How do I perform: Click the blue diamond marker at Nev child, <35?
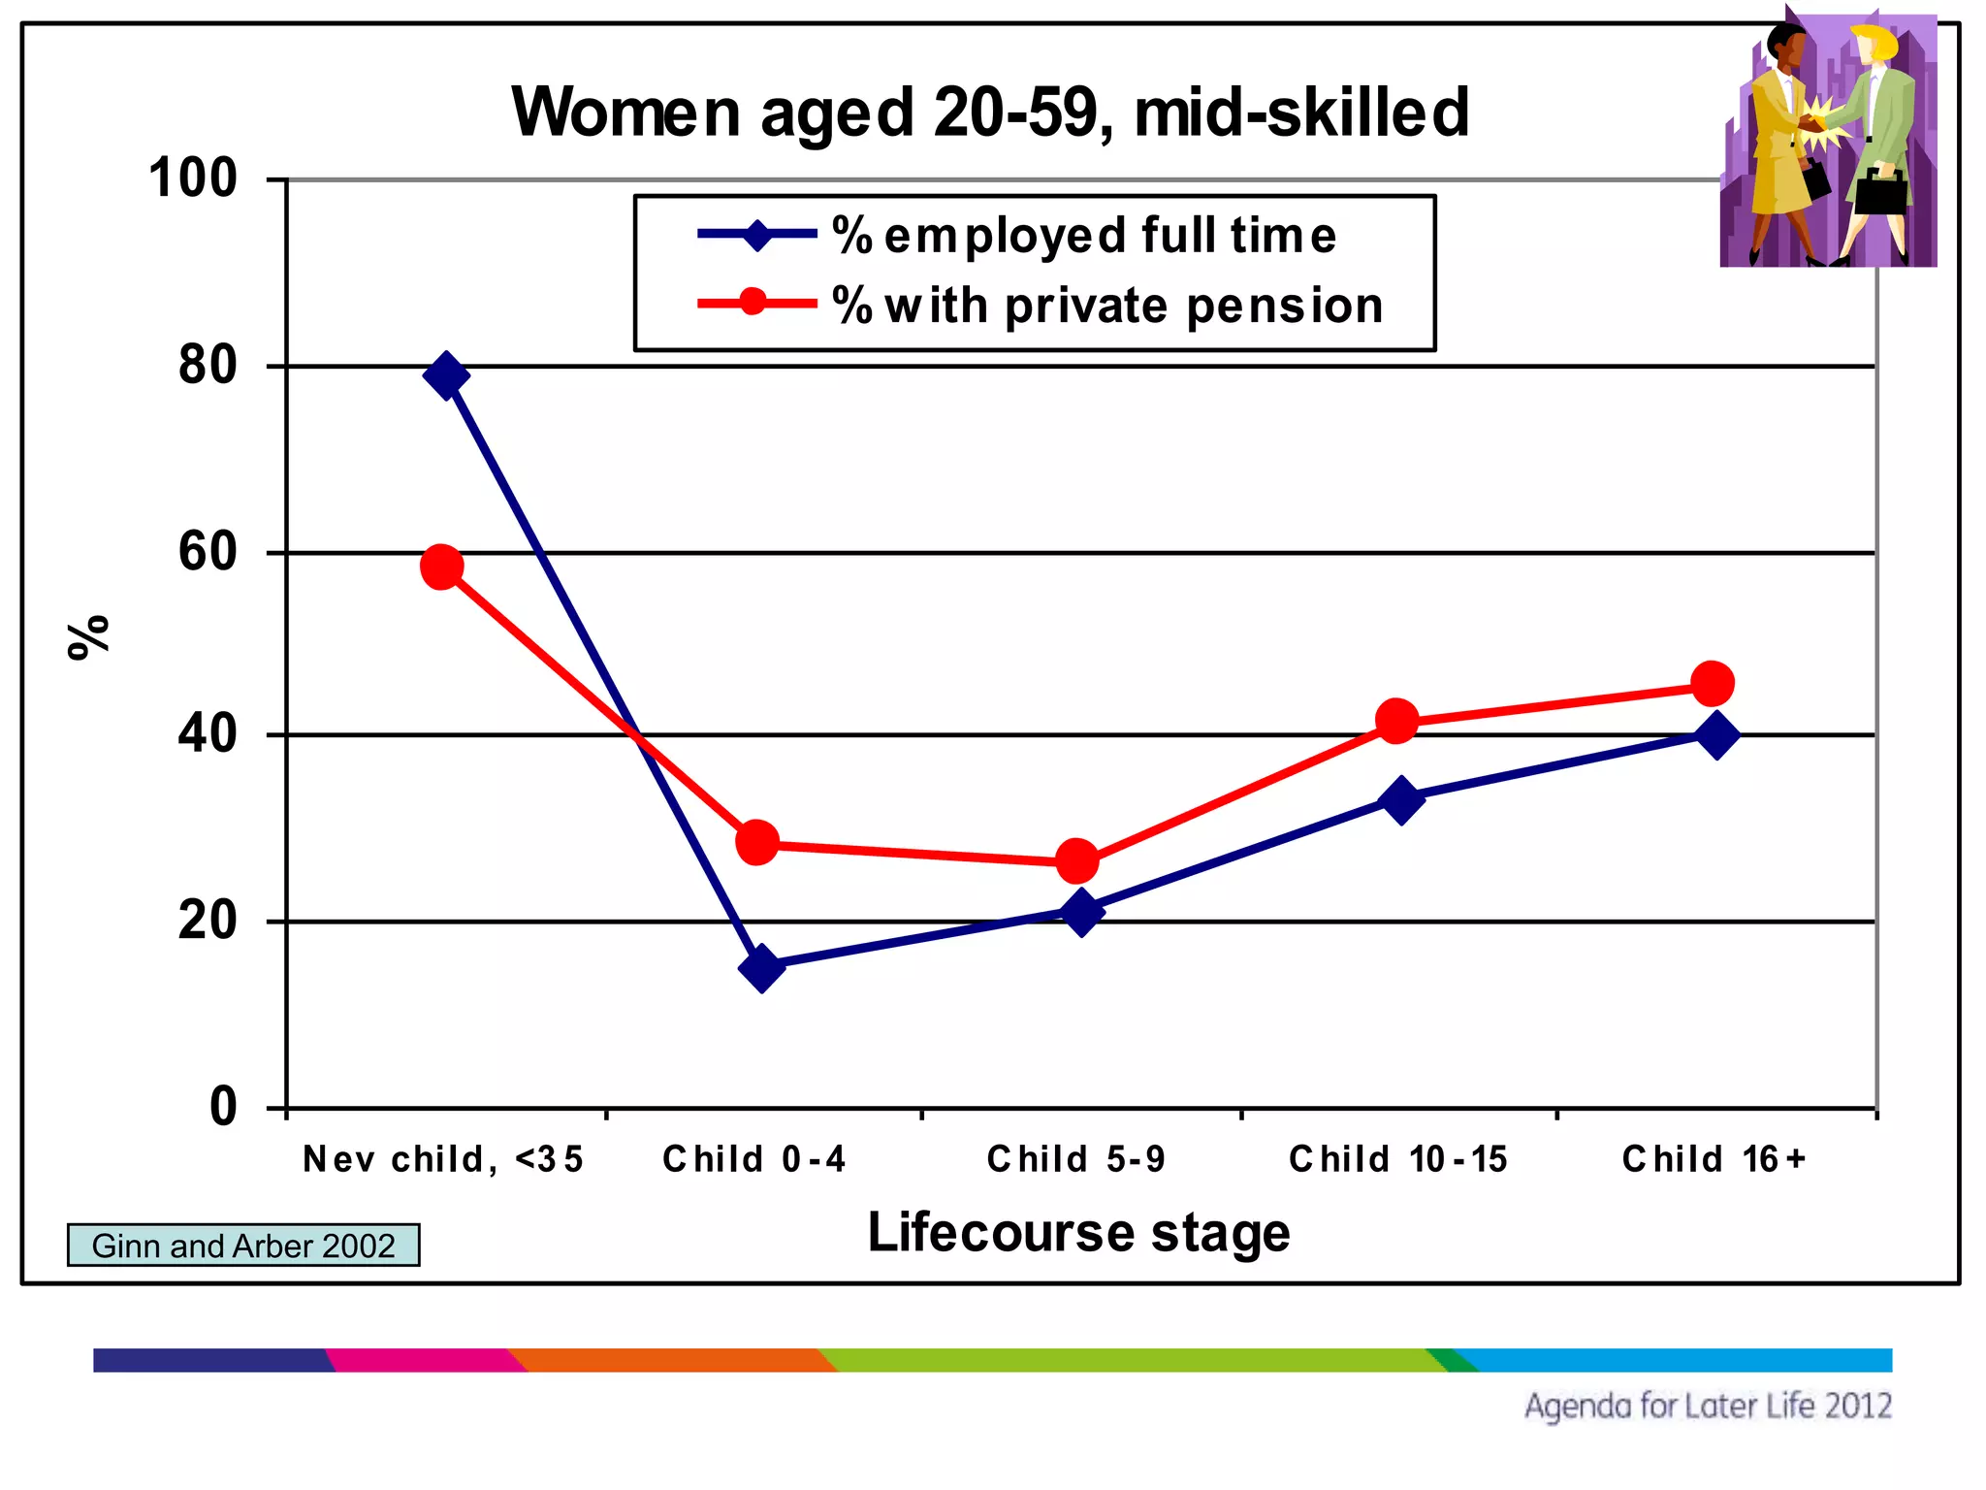[x=446, y=375]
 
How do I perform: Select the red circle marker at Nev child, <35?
[x=442, y=567]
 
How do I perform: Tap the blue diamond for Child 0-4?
[x=762, y=967]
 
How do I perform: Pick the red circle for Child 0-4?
[x=757, y=842]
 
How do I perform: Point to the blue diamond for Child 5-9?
[x=1081, y=913]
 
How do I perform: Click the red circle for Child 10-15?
[x=1396, y=721]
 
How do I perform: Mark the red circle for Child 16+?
[x=1713, y=684]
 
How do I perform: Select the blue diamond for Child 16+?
[x=1716, y=735]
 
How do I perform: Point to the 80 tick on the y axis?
[x=208, y=366]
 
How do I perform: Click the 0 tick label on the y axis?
[x=223, y=1107]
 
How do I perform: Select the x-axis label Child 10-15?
[x=1397, y=1159]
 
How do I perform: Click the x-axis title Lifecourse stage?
[x=1078, y=1232]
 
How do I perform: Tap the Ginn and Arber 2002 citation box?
[x=243, y=1246]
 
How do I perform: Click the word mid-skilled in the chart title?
[x=1301, y=113]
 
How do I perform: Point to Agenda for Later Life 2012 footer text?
[x=1708, y=1406]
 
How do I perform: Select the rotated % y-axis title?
[x=88, y=637]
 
